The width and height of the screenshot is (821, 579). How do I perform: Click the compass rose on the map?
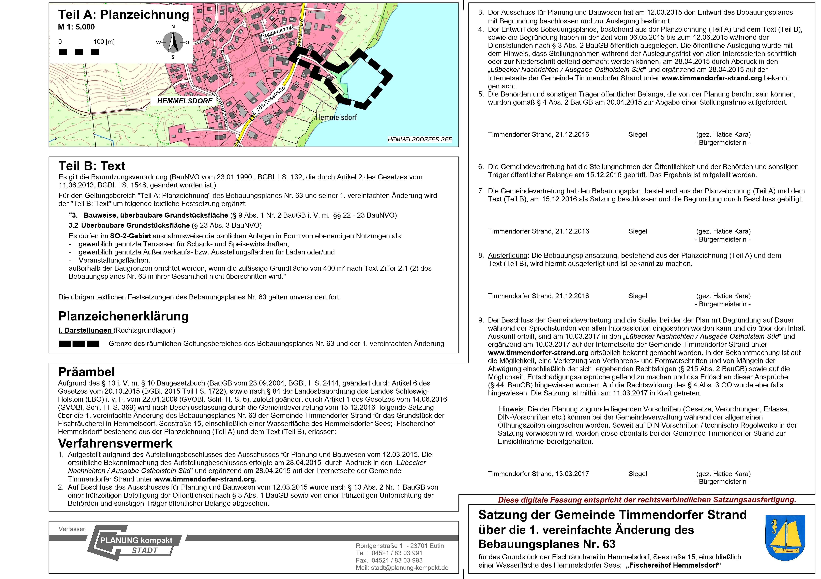173,42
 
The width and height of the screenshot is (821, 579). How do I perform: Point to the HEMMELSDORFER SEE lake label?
420,139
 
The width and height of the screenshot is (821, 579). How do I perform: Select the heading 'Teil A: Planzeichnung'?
123,15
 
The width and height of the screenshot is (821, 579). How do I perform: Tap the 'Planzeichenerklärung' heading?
123,316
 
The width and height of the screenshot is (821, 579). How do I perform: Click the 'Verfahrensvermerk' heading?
115,444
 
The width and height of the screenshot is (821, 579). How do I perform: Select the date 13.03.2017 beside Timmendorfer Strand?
572,474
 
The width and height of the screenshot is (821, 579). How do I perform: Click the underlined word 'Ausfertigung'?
507,255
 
